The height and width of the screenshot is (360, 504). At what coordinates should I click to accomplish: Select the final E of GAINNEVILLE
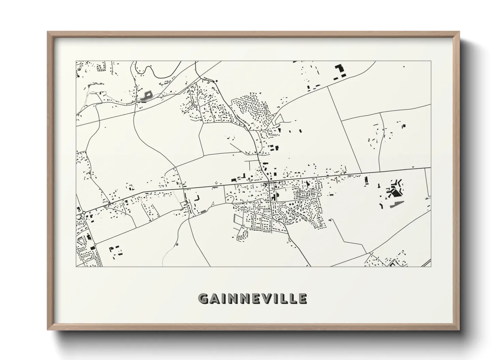[302, 299]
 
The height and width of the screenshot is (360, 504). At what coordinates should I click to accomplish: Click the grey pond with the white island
[145, 96]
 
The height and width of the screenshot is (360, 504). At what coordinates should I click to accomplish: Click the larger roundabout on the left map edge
[84, 213]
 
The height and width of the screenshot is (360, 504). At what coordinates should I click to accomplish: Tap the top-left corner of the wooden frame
[48, 32]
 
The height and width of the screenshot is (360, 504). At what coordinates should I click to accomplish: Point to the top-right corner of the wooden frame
[459, 32]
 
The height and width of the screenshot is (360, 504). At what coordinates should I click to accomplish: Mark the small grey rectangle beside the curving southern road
[204, 211]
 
